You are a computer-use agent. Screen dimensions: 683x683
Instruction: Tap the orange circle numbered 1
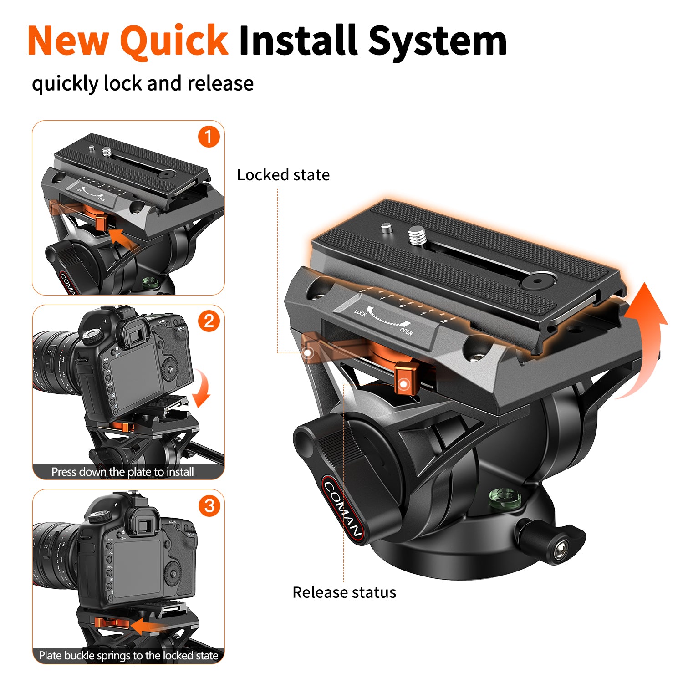coord(209,137)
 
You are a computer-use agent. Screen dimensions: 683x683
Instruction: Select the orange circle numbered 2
coord(209,321)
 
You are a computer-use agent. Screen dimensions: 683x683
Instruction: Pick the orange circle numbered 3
coord(209,505)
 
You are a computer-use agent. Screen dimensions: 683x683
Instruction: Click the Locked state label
coord(283,175)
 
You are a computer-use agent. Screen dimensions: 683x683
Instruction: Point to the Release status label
coord(344,592)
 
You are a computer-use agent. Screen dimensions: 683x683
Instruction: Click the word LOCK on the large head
coord(360,313)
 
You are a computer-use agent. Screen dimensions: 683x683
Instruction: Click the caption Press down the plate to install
coord(122,472)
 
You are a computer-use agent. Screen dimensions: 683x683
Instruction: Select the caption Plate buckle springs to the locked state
coord(128,656)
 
